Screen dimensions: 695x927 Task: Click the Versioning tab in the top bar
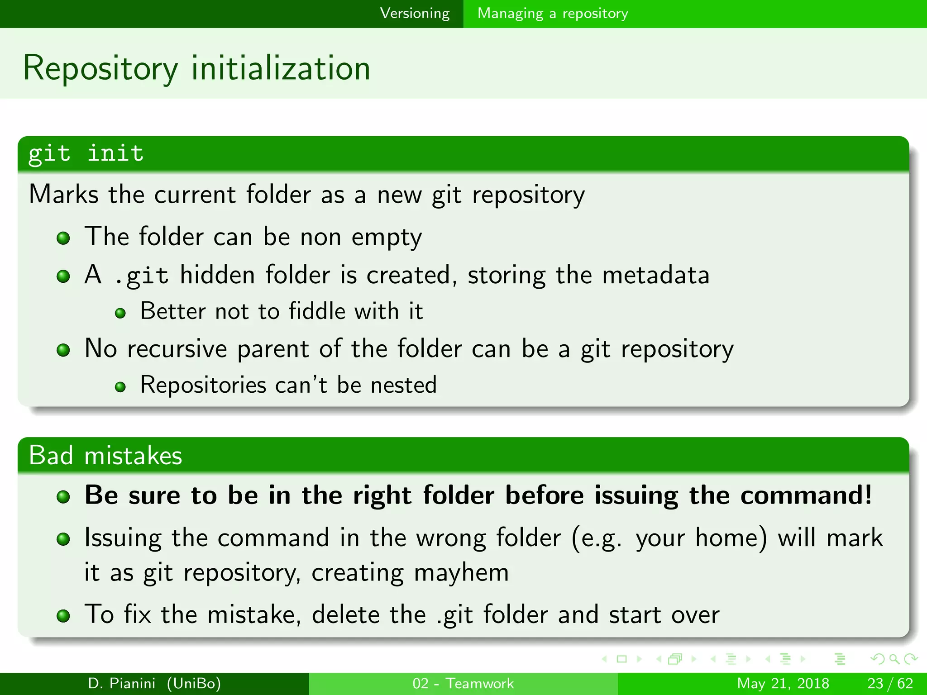(x=415, y=14)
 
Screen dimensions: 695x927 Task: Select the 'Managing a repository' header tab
(x=552, y=14)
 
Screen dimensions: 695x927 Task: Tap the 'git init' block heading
(x=86, y=154)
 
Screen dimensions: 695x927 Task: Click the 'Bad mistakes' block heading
(x=105, y=455)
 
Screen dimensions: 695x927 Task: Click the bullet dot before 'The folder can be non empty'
(x=63, y=238)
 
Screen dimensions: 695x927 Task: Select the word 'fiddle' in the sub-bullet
(x=317, y=311)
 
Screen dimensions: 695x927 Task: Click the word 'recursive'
(x=177, y=349)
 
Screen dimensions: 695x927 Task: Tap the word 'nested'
(x=403, y=385)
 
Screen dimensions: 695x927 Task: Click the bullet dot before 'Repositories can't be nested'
(x=120, y=387)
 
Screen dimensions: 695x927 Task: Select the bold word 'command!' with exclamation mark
(x=806, y=495)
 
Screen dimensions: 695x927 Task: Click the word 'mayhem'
(x=461, y=573)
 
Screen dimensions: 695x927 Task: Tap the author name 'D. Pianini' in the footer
(x=121, y=683)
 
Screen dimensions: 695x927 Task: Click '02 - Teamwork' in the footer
(x=463, y=683)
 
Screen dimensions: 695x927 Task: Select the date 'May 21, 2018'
(x=783, y=683)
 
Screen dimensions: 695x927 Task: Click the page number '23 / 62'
(x=890, y=683)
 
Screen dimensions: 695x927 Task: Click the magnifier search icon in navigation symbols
(x=894, y=659)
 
